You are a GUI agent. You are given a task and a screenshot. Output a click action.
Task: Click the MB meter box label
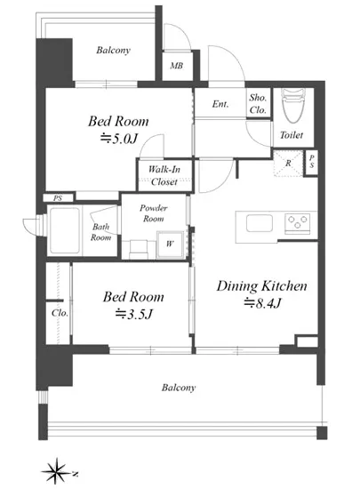pos(176,66)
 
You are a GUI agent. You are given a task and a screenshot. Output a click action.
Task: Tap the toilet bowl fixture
pos(293,106)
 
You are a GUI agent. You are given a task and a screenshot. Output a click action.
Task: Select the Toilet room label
pos(292,135)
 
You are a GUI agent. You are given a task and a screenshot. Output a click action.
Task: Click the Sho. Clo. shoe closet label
pos(258,104)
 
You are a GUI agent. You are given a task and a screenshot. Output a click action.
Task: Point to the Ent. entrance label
pos(220,104)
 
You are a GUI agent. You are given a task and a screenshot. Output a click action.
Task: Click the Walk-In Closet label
pos(164,175)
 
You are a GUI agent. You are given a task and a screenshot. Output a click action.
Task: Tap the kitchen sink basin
pos(260,223)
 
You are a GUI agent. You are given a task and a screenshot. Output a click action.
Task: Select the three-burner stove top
pos(298,223)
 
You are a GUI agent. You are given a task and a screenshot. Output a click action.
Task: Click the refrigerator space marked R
pos(288,163)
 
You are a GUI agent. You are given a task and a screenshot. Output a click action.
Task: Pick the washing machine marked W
pos(169,244)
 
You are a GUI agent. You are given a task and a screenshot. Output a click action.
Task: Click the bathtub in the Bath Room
pos(65,230)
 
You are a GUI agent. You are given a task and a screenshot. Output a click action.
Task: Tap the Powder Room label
pos(154,213)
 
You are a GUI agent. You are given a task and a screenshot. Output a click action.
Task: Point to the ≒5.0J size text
pos(119,139)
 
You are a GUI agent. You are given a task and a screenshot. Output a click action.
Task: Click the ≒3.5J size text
pos(133,314)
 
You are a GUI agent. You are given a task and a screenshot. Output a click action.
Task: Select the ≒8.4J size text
pos(262,303)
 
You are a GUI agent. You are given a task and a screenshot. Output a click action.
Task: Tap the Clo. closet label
pos(60,313)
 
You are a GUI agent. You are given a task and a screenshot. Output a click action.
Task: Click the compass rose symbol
pos(57,471)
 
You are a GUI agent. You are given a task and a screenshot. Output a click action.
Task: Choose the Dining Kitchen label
pos(262,286)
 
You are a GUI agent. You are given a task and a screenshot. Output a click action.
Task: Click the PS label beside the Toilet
pos(312,162)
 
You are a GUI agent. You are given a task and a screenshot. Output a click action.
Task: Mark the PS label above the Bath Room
pos(58,198)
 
